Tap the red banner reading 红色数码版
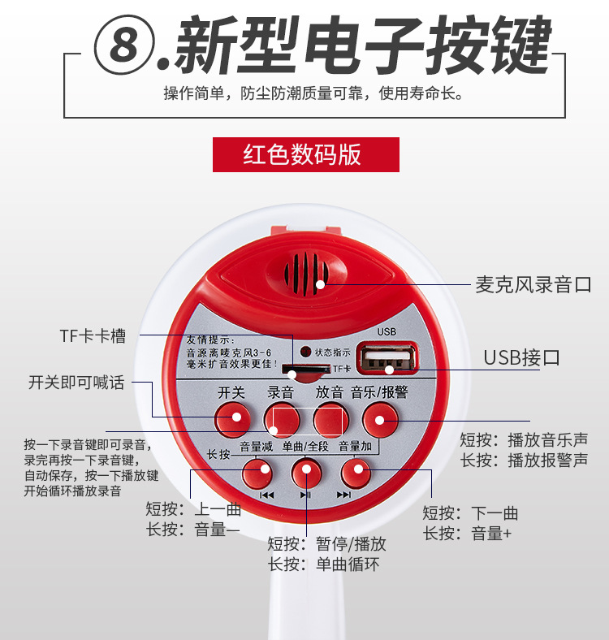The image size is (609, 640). (x=305, y=154)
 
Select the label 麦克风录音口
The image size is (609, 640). (x=533, y=284)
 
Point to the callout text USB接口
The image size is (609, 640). (x=521, y=357)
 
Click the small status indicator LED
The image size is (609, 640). (x=305, y=352)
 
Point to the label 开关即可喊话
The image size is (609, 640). (x=76, y=382)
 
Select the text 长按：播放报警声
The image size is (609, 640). (x=524, y=461)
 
